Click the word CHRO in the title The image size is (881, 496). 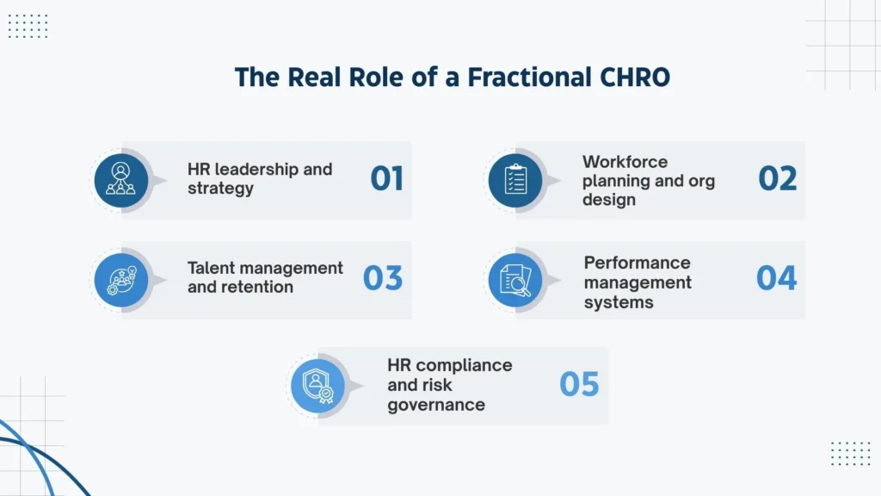pos(631,77)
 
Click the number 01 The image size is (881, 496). pos(387,178)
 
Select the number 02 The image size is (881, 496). pos(778,178)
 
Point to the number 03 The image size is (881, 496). pos(383,278)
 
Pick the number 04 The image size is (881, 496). pos(777,278)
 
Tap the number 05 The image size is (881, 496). pos(579,384)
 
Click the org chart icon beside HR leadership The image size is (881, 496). pos(120,179)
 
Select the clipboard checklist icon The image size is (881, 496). pos(514,179)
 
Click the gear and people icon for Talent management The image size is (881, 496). pos(120,279)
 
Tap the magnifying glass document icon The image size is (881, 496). pos(514,279)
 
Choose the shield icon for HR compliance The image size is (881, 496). pos(317,385)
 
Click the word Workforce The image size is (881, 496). pos(625,162)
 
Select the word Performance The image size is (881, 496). pos(637,263)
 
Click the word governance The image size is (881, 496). pos(435,405)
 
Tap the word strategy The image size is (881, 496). pos(220,188)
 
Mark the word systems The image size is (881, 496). pos(618,302)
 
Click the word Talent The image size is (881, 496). pos(211,268)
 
